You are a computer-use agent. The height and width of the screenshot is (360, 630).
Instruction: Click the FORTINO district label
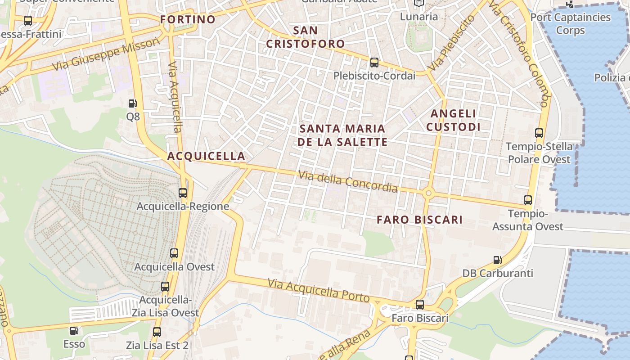point(188,19)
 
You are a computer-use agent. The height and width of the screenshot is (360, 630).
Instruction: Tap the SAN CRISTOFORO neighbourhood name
point(306,37)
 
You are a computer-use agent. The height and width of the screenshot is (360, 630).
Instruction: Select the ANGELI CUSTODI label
point(453,120)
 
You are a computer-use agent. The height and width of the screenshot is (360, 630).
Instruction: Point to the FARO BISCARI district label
point(419,220)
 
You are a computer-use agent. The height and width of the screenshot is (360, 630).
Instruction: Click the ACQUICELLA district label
point(206,156)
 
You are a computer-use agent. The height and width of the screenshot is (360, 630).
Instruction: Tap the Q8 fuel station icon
point(133,103)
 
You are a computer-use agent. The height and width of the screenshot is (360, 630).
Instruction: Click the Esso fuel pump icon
point(74,331)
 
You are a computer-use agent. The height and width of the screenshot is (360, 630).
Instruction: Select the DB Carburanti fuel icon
point(497,260)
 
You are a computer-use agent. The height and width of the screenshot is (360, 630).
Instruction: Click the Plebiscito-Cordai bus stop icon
point(374,63)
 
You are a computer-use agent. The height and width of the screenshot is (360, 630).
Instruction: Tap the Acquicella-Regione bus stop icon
point(183,193)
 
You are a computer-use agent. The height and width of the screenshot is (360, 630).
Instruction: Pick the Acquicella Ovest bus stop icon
point(174,253)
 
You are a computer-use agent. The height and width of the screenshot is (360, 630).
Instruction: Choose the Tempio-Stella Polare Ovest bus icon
point(539,133)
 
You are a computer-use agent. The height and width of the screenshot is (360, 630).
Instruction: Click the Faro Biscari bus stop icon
point(420,305)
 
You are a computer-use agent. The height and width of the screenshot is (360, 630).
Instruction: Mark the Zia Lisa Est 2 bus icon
point(157,332)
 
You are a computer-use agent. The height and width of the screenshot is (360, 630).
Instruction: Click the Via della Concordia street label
point(348,181)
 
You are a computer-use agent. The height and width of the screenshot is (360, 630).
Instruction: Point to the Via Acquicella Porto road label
point(318,291)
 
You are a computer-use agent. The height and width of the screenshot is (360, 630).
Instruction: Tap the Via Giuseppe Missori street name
point(106,54)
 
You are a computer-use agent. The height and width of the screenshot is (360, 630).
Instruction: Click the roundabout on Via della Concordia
point(428,193)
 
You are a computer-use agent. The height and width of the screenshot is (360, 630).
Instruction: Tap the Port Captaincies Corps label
point(570,23)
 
